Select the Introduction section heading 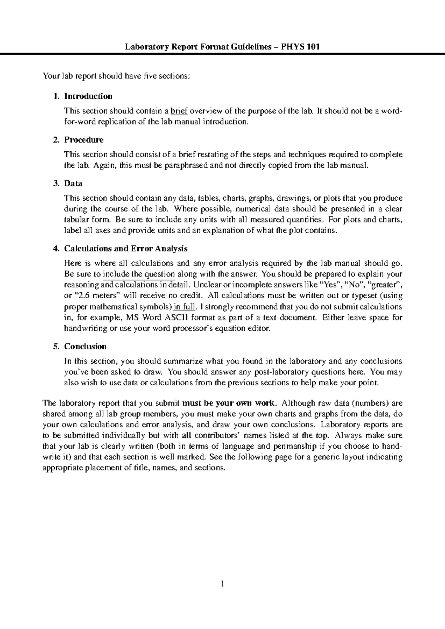tap(88, 96)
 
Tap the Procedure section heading tap(84, 140)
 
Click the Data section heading tap(73, 183)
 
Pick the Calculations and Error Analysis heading tap(126, 248)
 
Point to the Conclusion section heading tap(85, 346)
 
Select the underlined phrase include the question tap(138, 274)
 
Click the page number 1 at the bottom tap(222, 585)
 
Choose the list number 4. tap(56, 248)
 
